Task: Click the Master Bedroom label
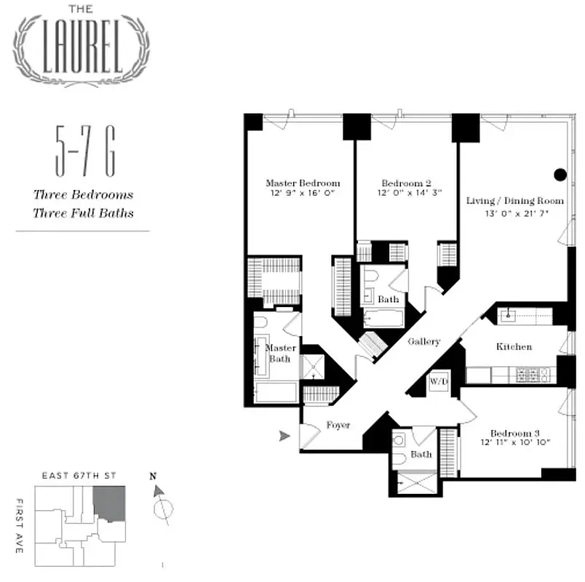pos(302,183)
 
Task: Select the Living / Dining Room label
pos(515,200)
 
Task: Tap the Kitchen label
pos(514,347)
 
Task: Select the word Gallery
pos(423,341)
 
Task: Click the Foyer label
pos(338,425)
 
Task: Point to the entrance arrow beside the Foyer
pos(284,436)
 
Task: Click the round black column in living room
pos(560,174)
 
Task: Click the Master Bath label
pos(280,353)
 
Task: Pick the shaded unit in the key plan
pos(110,502)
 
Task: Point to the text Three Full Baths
pos(83,213)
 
